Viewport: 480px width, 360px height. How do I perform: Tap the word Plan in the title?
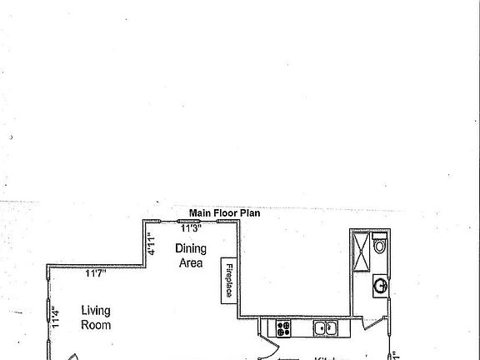click(x=251, y=213)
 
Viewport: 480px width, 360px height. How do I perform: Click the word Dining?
click(x=190, y=248)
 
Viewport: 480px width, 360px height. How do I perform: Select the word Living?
click(x=96, y=311)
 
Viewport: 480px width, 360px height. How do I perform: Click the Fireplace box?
click(x=227, y=282)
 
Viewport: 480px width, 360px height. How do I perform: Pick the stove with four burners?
click(x=283, y=327)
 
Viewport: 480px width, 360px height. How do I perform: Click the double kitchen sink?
click(x=326, y=328)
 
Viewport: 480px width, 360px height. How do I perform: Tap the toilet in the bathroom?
click(x=379, y=246)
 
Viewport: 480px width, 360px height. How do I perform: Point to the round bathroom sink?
click(x=379, y=287)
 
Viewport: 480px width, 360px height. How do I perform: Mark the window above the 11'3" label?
click(x=192, y=221)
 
